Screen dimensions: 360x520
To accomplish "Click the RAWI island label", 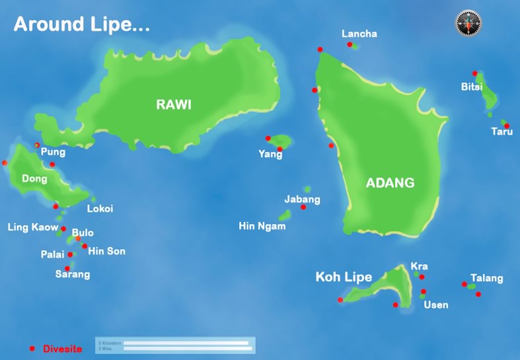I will coord(174,104).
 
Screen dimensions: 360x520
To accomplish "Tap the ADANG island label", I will coord(390,183).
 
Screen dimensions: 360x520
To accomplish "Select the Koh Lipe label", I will coord(344,277).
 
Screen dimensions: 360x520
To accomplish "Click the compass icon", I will coord(468,23).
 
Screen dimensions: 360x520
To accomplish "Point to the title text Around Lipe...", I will coord(82,24).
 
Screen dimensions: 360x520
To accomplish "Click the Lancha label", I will coord(359,34).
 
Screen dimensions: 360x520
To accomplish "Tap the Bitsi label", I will coord(472,87).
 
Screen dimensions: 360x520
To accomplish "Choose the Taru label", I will coord(501,131).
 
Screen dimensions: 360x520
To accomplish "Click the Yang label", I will coord(270,155).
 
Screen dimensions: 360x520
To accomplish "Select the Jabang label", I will coord(302,199).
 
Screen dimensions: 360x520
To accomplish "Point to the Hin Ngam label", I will coord(262,226).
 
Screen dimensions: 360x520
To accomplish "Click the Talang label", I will coord(486,278).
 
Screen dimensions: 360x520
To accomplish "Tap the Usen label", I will coord(436,305).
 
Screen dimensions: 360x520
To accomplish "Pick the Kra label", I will coord(419,266).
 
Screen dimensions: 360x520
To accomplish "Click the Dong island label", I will coord(34,178).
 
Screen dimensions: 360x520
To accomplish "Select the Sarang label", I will coord(73,274).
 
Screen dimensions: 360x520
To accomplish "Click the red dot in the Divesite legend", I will coord(32,348).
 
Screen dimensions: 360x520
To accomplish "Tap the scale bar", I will coord(176,345).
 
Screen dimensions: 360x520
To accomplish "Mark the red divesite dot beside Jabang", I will coord(303,207).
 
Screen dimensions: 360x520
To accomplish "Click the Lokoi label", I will coord(100,209).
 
